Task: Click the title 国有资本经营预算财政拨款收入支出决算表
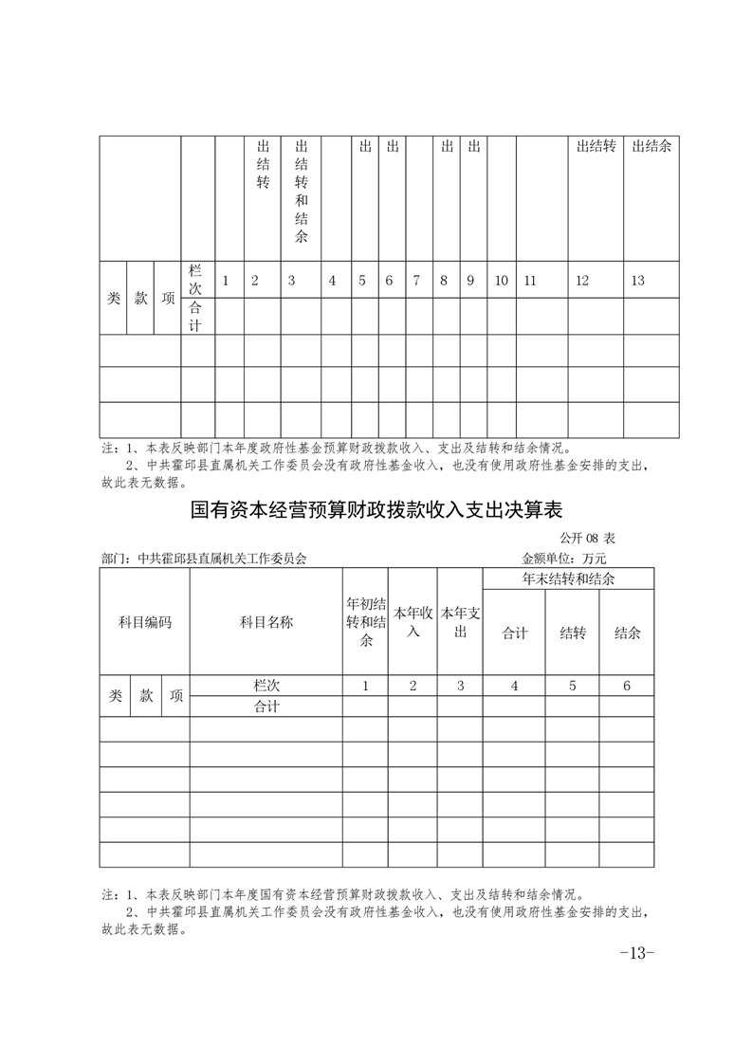[x=376, y=510]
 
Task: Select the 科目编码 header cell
[x=144, y=622]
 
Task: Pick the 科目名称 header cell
[x=266, y=622]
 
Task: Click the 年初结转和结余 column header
[x=365, y=622]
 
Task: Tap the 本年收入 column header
[x=413, y=622]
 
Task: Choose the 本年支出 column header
[x=460, y=622]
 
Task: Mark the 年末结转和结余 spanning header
[x=568, y=578]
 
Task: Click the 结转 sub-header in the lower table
[x=571, y=633]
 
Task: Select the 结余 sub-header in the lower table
[x=627, y=633]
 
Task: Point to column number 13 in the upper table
[x=637, y=281]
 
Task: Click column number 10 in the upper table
[x=502, y=281]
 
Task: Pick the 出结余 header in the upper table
[x=651, y=146]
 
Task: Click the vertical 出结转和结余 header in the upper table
[x=301, y=191]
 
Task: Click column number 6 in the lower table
[x=627, y=686]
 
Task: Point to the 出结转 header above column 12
[x=596, y=146]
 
